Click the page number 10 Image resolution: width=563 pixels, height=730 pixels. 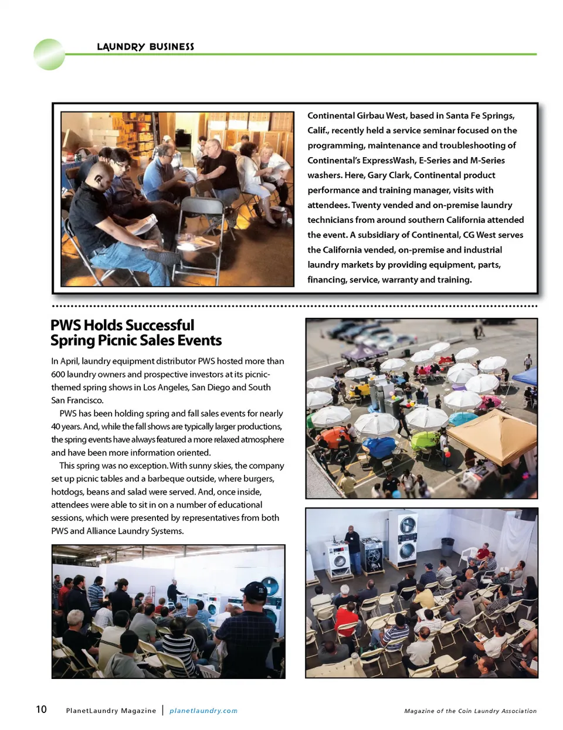41,709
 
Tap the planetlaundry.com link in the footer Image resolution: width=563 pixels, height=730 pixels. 204,711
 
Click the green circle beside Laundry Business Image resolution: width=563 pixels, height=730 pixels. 49,55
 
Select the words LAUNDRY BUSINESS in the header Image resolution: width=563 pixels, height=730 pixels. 145,47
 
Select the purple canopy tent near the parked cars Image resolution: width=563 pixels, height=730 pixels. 364,353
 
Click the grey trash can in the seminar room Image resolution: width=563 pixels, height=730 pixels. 447,546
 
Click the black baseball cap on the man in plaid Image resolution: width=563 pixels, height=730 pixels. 254,589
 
